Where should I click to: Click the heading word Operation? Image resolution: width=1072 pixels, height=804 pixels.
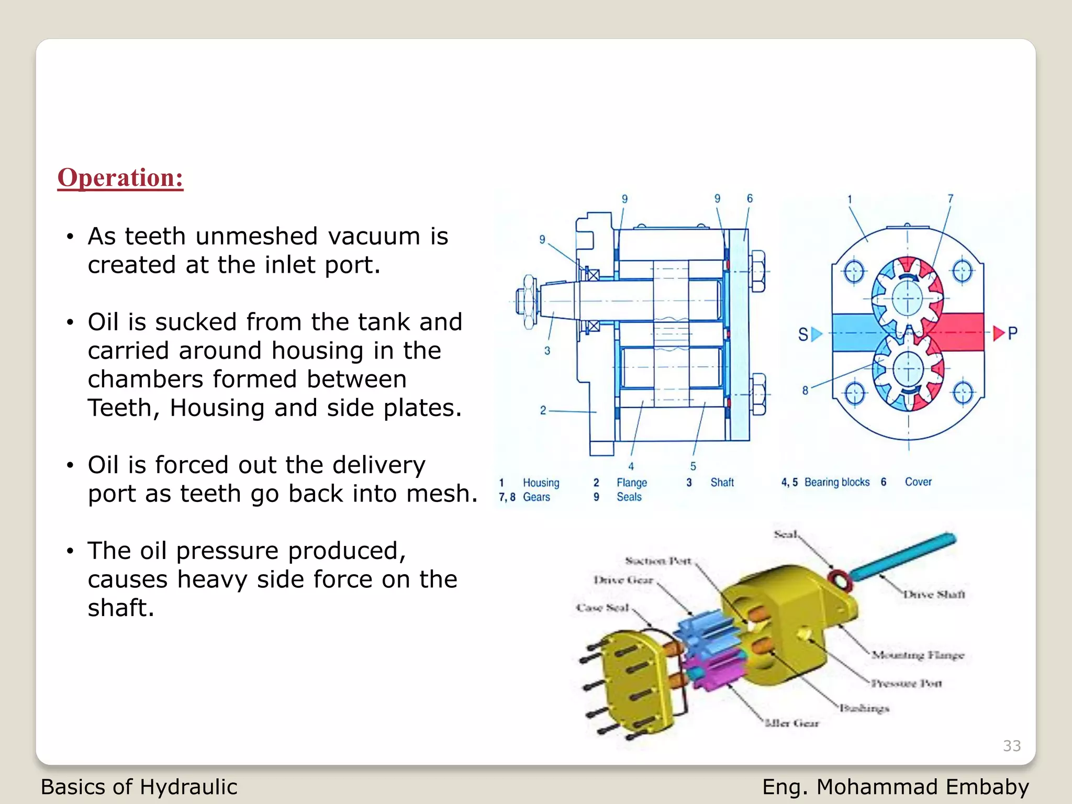(x=120, y=177)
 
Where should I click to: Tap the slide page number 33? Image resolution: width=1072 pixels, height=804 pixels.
(x=1011, y=745)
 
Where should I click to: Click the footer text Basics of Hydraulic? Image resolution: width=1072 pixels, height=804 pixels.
(x=139, y=787)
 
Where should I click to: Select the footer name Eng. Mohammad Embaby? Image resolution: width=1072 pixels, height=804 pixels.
(x=895, y=787)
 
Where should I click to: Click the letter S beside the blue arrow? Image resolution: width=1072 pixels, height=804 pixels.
(x=802, y=334)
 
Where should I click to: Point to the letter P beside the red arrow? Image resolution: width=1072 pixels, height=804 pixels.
(x=1012, y=333)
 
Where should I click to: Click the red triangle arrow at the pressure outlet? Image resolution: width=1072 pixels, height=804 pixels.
(x=998, y=333)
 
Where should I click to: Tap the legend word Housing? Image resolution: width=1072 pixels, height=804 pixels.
(x=541, y=483)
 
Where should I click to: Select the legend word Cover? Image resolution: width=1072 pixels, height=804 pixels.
(x=918, y=482)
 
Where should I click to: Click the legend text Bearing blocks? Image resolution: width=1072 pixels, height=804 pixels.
(x=836, y=482)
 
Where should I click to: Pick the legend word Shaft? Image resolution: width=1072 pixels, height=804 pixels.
(x=722, y=482)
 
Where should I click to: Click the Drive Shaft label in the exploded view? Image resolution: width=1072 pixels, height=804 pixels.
(x=934, y=594)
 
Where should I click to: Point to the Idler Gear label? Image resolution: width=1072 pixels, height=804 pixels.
(x=791, y=723)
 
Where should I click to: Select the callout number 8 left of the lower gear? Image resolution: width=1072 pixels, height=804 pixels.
(x=805, y=390)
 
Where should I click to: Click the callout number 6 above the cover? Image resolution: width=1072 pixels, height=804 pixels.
(x=750, y=198)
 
